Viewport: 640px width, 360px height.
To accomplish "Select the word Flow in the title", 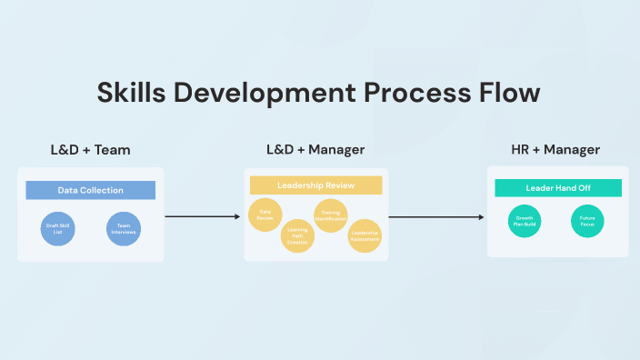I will click(x=508, y=94).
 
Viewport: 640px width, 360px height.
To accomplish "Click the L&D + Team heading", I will click(x=90, y=150).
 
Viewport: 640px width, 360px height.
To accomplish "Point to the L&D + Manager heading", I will click(x=315, y=150).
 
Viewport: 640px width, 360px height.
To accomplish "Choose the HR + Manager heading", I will click(x=555, y=150).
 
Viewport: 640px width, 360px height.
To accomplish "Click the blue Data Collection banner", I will click(x=90, y=190).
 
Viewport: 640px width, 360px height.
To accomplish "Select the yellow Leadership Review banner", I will click(x=315, y=185).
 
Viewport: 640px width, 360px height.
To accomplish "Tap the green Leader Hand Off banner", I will click(x=558, y=188).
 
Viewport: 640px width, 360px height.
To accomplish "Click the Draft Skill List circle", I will click(x=57, y=229).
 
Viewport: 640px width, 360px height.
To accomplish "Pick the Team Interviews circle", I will click(x=123, y=229).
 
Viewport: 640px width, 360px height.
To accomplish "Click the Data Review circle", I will click(x=265, y=216).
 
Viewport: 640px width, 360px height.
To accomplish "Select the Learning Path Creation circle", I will click(x=297, y=235).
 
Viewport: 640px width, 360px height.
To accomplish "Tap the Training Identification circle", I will click(x=330, y=215).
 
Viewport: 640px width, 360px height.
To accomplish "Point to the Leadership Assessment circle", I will click(x=365, y=235).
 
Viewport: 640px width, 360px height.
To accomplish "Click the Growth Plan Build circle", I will click(x=525, y=221).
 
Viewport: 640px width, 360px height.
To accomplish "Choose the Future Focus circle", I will click(x=587, y=221).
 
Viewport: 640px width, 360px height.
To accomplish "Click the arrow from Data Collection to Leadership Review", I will click(x=204, y=216).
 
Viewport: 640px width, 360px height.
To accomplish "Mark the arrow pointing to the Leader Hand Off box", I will click(x=436, y=216).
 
